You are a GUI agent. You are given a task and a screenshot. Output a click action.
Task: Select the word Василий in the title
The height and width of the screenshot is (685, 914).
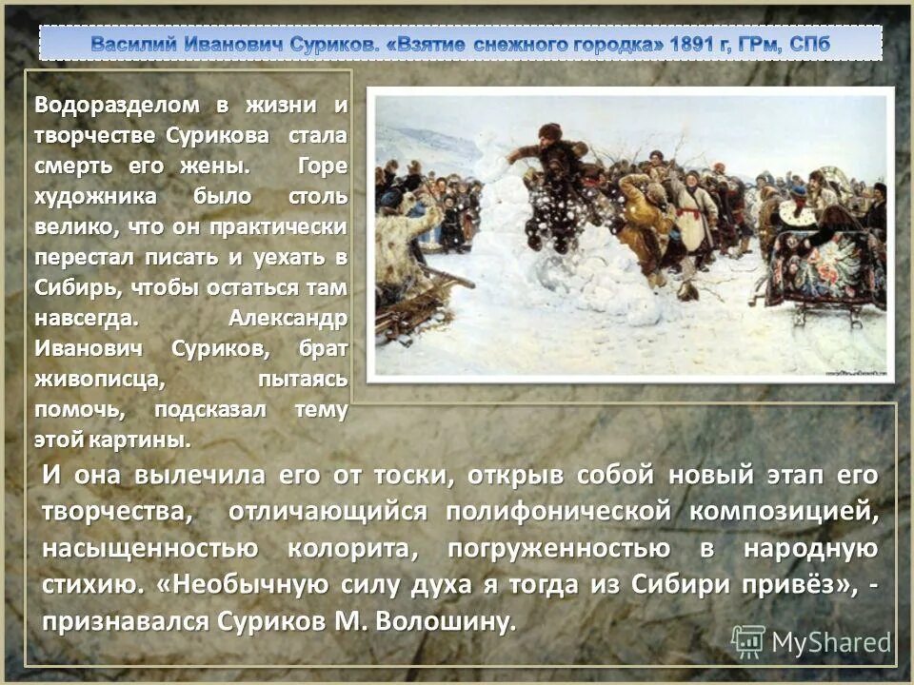point(132,43)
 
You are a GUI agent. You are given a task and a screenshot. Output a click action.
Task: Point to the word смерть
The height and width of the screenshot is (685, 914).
point(77,166)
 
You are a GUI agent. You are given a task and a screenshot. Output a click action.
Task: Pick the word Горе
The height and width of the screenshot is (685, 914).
point(322,166)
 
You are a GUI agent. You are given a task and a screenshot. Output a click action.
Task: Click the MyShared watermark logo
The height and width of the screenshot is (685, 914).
point(811,643)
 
